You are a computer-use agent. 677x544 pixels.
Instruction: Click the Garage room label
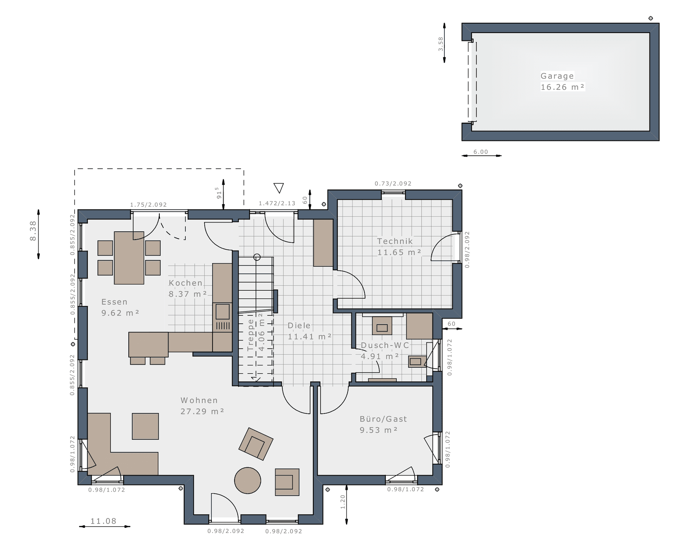coord(557,76)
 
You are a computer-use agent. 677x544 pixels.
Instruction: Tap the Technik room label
coord(395,241)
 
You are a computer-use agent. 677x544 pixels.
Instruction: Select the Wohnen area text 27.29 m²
coord(202,411)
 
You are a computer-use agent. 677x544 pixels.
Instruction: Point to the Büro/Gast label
coord(383,419)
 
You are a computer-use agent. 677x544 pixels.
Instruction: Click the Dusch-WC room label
coord(385,345)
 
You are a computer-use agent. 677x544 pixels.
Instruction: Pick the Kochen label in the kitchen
coord(185,283)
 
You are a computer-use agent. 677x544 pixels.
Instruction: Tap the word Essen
coord(115,302)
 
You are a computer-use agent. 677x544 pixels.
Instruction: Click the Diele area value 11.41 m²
coord(309,337)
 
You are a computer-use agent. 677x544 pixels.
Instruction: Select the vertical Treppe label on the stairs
coord(251,335)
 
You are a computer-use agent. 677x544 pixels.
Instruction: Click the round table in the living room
coord(248,480)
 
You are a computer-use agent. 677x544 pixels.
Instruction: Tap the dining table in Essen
coord(129,258)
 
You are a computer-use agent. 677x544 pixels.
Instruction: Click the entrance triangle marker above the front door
coord(279,188)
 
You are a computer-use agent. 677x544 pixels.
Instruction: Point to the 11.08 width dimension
coord(104,521)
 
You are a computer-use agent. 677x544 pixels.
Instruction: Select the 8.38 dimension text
coord(33,231)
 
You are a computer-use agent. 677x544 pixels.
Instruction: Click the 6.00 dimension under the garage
coord(481,152)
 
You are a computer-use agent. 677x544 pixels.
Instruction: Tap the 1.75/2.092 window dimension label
coord(148,205)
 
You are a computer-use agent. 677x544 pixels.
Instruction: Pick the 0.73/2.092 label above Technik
coord(393,183)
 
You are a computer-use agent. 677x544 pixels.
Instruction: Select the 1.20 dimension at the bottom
coord(342,502)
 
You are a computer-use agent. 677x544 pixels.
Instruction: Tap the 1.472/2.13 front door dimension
coord(277,203)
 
